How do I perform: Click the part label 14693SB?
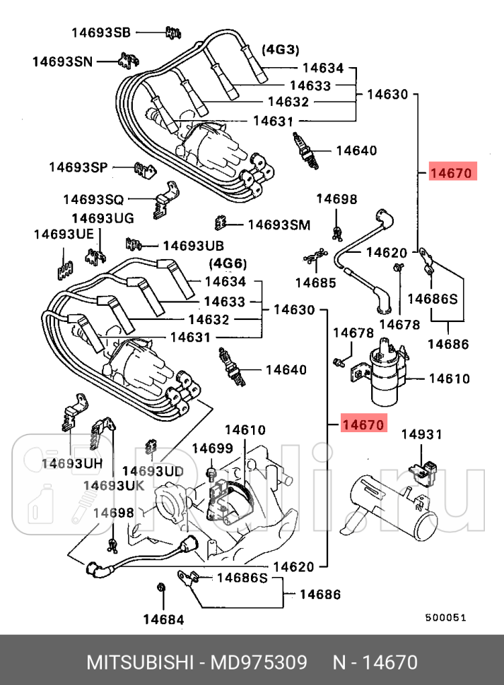click(x=101, y=32)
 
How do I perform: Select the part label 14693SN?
click(x=62, y=61)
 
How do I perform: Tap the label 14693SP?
click(x=78, y=167)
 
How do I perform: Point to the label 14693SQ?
click(x=93, y=200)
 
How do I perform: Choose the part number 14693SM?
click(x=279, y=225)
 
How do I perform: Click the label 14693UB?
click(x=193, y=246)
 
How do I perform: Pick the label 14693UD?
click(x=153, y=470)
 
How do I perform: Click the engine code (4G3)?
click(x=281, y=49)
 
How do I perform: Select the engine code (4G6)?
click(x=227, y=263)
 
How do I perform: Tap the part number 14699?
click(x=212, y=448)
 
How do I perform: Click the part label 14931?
click(x=422, y=434)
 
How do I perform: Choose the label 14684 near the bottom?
click(x=163, y=620)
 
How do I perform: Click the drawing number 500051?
click(x=445, y=617)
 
